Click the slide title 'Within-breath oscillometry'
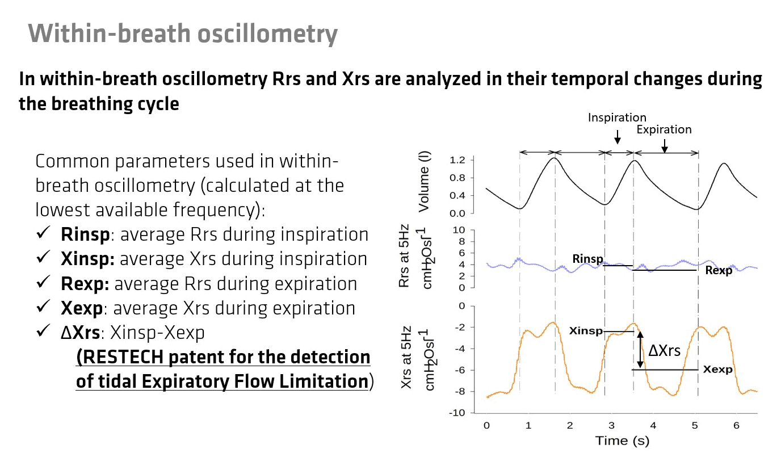[183, 34]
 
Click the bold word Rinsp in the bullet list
[85, 234]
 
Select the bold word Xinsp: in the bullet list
[87, 259]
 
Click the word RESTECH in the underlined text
[123, 357]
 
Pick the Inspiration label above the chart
[617, 118]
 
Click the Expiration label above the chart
[664, 129]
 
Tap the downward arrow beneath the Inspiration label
[618, 137]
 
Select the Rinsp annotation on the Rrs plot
[587, 259]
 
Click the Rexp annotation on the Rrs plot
[719, 270]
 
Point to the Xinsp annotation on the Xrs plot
[586, 331]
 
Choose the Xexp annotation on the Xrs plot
[718, 369]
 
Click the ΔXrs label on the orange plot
[664, 351]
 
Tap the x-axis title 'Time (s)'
[622, 441]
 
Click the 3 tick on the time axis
[611, 425]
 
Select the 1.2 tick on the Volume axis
[457, 160]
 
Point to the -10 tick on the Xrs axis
[457, 413]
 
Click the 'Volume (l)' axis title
[424, 182]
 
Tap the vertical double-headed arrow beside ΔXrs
[640, 350]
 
